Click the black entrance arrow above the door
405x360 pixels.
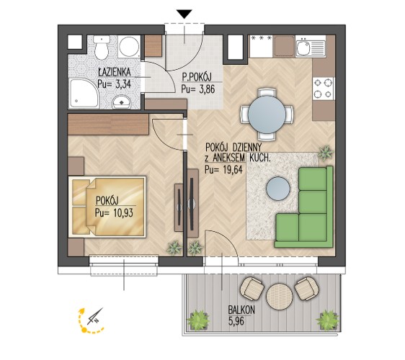[x=184, y=14]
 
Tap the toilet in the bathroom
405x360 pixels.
[x=102, y=47]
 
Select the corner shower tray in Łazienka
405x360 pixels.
[x=84, y=94]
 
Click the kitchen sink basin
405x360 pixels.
[x=303, y=48]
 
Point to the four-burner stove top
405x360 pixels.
[x=323, y=89]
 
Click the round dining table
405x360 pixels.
[x=267, y=114]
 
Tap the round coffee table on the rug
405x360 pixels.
[x=277, y=189]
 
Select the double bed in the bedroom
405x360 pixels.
[x=107, y=207]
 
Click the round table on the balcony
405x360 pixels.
[x=280, y=296]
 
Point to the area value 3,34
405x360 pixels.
[x=123, y=84]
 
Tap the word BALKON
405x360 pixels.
[x=241, y=310]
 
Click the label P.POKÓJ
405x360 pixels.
[x=197, y=77]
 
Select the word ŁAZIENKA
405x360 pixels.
[x=115, y=72]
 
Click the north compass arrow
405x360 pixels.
[x=95, y=316]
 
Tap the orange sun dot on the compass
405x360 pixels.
[x=84, y=330]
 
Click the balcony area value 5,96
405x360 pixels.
[x=236, y=322]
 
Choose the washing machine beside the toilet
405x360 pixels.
[x=129, y=47]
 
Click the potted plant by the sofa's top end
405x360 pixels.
[x=325, y=153]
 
